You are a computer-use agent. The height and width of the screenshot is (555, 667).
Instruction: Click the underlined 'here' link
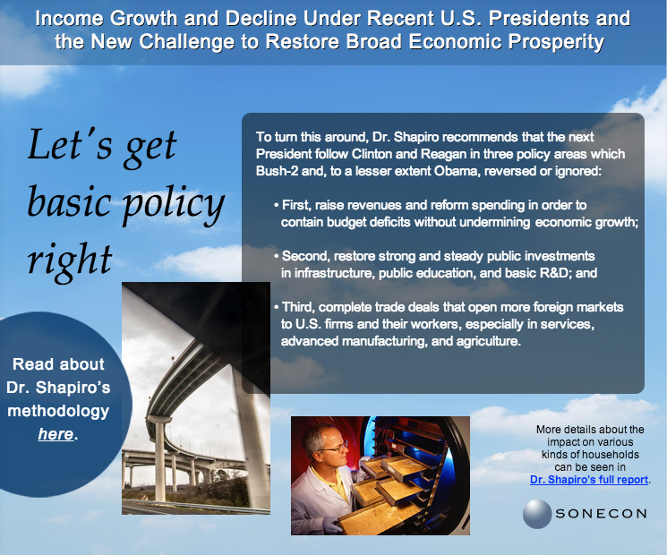(x=56, y=434)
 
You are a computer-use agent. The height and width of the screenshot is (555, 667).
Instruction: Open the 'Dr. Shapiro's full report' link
(x=589, y=480)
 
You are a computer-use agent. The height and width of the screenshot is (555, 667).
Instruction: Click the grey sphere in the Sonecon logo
(x=537, y=514)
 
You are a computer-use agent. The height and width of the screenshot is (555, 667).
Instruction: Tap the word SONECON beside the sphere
(x=601, y=514)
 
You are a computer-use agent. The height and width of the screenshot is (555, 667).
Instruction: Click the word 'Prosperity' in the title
(x=556, y=42)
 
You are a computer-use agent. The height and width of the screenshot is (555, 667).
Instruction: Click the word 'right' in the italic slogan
(x=70, y=260)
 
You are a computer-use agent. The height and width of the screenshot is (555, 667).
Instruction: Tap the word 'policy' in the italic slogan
(x=174, y=204)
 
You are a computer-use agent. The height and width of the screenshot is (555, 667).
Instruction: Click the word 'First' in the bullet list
(x=295, y=205)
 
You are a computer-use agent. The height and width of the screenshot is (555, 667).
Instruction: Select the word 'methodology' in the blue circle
(x=58, y=411)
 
